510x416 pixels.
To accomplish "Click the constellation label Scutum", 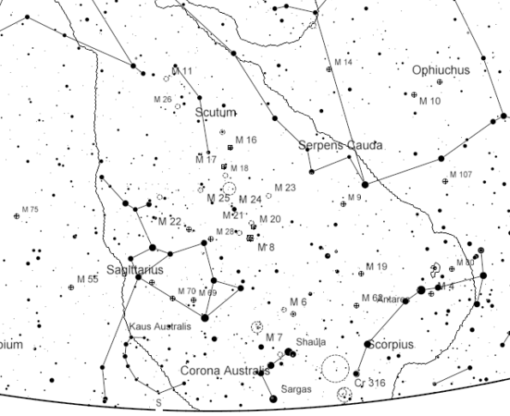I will point(214,113).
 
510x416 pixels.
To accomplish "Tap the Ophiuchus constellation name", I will point(441,70).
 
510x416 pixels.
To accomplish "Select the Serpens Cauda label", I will point(340,146).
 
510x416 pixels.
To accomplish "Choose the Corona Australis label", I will point(225,371).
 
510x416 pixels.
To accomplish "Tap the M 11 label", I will point(183,70).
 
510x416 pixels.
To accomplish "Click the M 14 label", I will point(343,63).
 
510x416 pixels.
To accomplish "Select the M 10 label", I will point(429,101).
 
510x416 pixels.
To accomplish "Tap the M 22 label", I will point(170,221).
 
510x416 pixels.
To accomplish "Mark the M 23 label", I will point(285,188).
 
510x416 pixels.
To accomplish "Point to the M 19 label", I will point(376,267).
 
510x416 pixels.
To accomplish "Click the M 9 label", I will point(356,199).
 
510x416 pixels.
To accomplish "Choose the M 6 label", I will point(297,302).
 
